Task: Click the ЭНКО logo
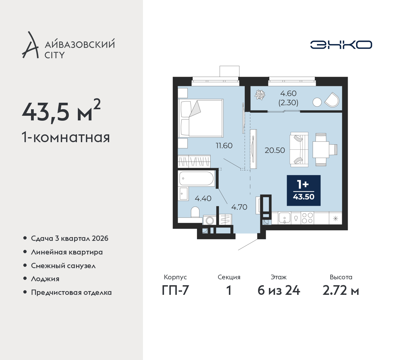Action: (341, 45)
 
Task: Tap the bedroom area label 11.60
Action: (224, 146)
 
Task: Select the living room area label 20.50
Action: (275, 151)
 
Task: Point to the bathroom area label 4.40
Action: (203, 198)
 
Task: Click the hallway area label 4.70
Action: (239, 207)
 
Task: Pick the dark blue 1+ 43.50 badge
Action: (304, 191)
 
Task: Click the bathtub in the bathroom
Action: (197, 178)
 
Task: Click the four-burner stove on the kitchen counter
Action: (307, 218)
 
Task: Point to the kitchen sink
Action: (284, 218)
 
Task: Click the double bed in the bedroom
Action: (201, 118)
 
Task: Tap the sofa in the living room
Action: (299, 150)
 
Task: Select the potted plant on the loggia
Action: (260, 95)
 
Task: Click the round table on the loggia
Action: (317, 102)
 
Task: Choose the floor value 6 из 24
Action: (279, 291)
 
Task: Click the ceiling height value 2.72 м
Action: (341, 291)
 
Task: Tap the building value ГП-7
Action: (175, 291)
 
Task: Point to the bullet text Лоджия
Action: (45, 279)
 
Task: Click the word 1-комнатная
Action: (66, 137)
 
